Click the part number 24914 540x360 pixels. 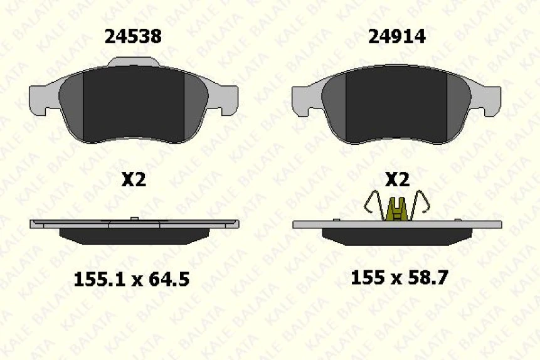point(396,37)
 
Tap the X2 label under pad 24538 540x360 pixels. point(133,181)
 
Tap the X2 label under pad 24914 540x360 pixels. point(396,181)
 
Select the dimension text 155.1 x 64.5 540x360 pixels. point(132,279)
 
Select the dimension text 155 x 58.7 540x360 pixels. point(399,277)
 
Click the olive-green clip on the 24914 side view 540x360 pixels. point(396,209)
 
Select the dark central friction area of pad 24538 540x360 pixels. point(133,103)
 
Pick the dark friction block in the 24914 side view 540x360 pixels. point(396,234)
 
